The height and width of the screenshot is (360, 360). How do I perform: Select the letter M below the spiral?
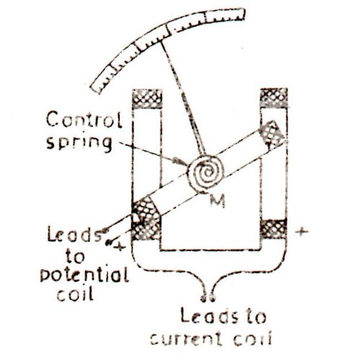point(217,201)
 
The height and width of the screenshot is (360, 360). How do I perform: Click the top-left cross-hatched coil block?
point(146,97)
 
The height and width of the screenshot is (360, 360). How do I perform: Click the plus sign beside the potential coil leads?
point(118,247)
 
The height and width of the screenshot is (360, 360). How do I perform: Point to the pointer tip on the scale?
point(162,34)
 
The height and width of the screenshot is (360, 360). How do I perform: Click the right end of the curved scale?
point(243,13)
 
